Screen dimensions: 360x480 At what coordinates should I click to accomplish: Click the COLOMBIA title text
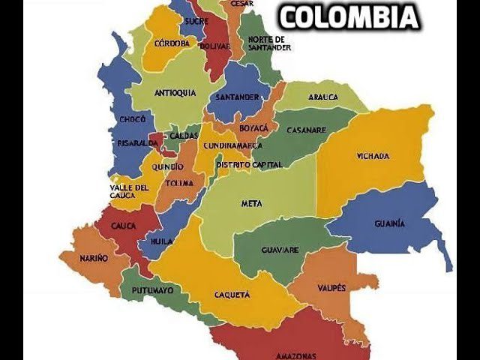point(349,16)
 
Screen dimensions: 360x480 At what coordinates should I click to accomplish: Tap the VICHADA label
point(373,157)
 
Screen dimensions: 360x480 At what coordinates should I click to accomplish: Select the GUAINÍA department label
point(390,223)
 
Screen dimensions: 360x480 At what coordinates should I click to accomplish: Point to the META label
point(251,203)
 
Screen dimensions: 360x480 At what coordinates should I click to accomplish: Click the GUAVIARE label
point(280,250)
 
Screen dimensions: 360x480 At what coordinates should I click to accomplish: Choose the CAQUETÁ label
point(232,295)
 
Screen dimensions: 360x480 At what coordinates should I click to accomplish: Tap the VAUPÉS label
point(331,288)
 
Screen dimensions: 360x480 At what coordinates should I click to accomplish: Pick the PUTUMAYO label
point(153,289)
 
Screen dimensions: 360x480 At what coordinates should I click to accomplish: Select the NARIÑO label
point(94,258)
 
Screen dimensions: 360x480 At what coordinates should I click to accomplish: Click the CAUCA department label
point(123,226)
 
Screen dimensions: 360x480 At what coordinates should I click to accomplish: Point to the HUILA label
point(161,241)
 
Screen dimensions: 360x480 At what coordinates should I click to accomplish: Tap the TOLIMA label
point(180,183)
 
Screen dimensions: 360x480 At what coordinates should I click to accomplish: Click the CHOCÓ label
point(132,120)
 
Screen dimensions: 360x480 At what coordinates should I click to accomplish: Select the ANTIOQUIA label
point(175,93)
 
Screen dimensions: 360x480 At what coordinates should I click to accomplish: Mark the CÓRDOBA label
point(172,43)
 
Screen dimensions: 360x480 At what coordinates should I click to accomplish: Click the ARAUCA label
point(322,97)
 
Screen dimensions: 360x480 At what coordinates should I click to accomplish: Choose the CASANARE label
point(306,130)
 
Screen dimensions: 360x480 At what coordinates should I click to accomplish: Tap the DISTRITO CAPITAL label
point(249,164)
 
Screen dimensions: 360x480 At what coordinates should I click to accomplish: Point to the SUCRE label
point(196,22)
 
